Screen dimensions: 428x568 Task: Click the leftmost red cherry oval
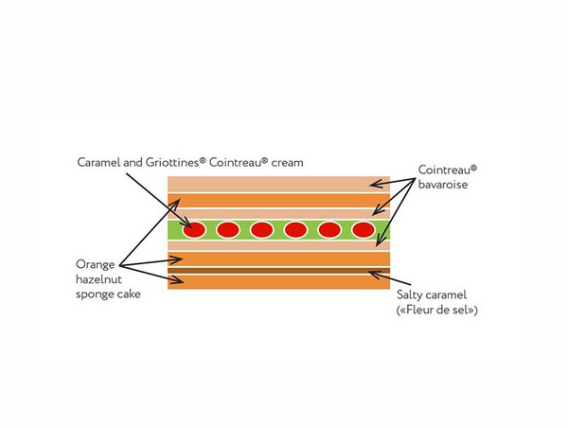pyautogui.click(x=194, y=229)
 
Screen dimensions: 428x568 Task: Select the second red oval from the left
pyautogui.click(x=228, y=229)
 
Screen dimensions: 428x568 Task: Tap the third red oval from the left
pyautogui.click(x=262, y=229)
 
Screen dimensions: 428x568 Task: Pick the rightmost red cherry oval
pyautogui.click(x=363, y=229)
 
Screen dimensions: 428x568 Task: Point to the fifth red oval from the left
pyautogui.click(x=329, y=229)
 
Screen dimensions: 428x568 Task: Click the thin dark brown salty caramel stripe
pyautogui.click(x=278, y=271)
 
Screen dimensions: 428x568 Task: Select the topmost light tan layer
pyautogui.click(x=278, y=184)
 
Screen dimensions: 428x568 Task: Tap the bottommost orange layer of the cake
pyautogui.click(x=278, y=281)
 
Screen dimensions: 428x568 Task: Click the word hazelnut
pyautogui.click(x=99, y=279)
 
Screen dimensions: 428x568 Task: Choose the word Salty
pyautogui.click(x=414, y=294)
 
